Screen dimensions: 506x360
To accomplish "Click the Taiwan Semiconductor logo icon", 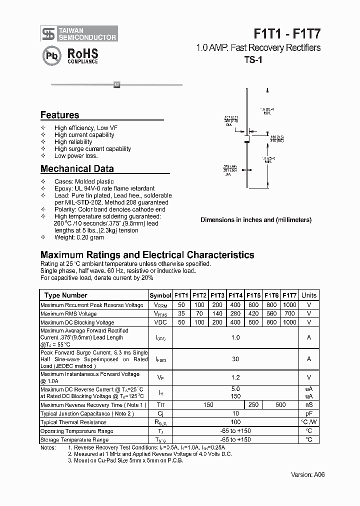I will point(48,33).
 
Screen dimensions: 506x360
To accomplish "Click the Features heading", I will point(59,115).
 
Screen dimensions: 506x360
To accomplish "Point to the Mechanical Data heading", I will point(77,169).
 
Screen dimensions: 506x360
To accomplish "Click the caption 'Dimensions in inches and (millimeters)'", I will point(255,219).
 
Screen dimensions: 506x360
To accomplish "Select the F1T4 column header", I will point(235,295).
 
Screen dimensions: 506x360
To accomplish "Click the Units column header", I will point(309,295).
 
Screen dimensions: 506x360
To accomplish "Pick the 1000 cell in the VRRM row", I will point(289,305).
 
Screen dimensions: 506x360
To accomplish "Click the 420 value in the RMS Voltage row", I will point(253,314).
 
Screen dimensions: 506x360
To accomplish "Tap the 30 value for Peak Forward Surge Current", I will point(235,359).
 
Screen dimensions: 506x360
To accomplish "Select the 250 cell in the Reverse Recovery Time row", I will point(253,405).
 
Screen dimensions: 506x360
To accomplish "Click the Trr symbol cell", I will point(160,405).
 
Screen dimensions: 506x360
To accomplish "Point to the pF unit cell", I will point(309,414).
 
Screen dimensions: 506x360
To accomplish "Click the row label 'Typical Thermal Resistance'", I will point(73,422).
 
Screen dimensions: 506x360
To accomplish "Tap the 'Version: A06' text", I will point(308,474).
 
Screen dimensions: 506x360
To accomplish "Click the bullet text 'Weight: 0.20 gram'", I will point(79,237).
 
